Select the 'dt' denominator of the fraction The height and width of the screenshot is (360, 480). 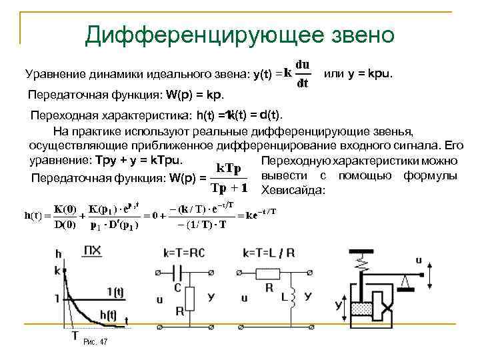301,83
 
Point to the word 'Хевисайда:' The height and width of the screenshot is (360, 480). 294,191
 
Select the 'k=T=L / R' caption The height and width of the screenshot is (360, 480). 268,252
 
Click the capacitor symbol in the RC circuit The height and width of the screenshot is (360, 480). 177,273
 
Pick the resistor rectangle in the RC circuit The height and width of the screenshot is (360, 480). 191,297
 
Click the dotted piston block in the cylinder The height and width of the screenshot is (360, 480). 362,309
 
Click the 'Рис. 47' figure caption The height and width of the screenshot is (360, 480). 95,342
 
